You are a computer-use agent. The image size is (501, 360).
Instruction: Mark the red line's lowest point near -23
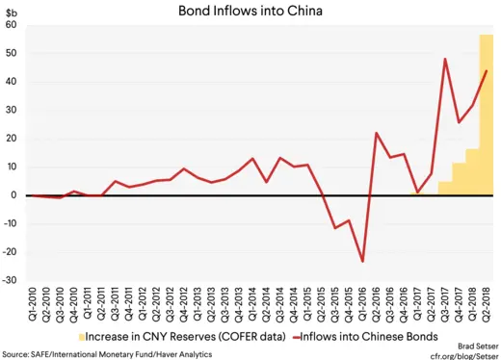(x=362, y=261)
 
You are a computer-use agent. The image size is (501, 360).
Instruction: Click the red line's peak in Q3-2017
(x=445, y=59)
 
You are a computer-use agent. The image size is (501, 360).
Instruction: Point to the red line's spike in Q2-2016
(x=376, y=133)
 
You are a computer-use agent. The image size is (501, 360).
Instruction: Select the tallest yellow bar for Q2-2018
(x=487, y=115)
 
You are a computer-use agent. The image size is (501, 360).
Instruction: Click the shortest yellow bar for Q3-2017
(x=445, y=188)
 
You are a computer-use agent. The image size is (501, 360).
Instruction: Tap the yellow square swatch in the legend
(x=80, y=335)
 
